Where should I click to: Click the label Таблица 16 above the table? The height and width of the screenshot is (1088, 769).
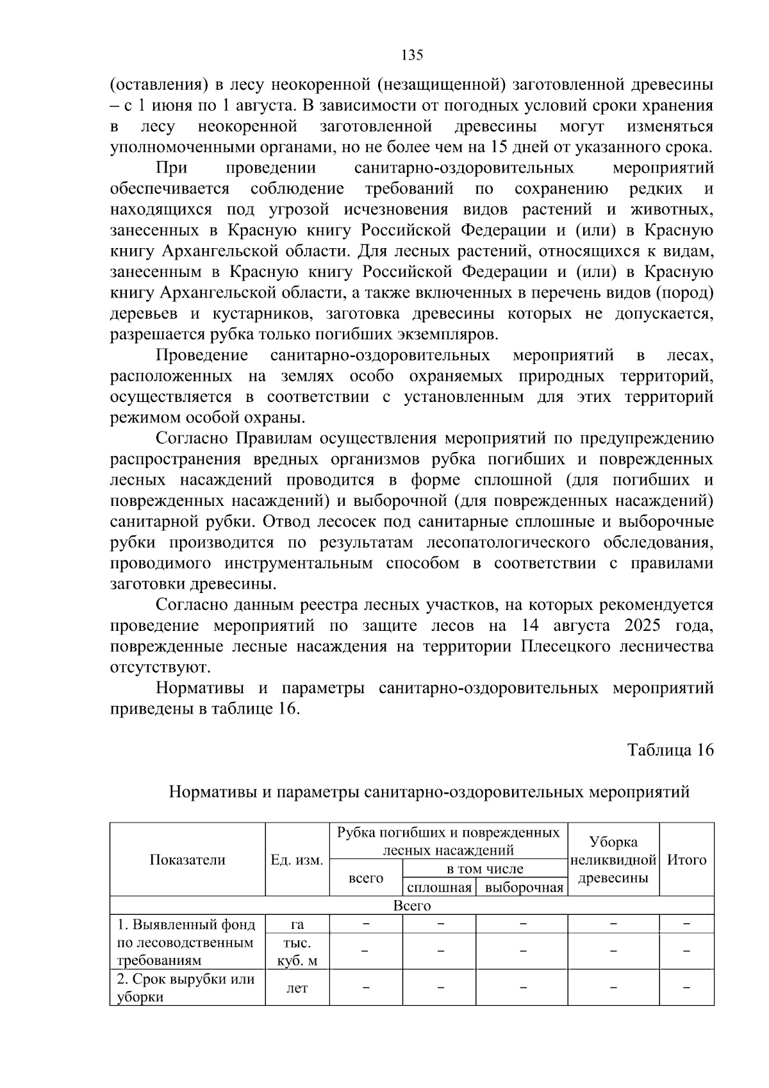coord(670,751)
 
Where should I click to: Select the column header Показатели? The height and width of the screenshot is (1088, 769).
coord(187,860)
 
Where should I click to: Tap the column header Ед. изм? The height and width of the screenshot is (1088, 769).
coord(297,860)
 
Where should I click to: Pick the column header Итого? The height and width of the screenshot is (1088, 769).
coord(686,860)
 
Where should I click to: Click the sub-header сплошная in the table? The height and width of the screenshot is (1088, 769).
coord(439,887)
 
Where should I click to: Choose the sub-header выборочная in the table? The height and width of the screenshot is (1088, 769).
coord(524,887)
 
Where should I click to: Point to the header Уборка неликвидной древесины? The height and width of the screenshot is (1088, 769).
coord(613,860)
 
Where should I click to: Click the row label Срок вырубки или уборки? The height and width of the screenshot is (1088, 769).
coord(186,988)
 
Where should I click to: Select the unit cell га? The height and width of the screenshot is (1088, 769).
coord(297,924)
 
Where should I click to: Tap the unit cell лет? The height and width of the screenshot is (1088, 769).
coord(297,988)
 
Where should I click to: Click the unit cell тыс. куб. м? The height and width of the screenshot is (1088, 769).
coord(297,951)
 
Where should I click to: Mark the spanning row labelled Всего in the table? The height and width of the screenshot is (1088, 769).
coord(411,905)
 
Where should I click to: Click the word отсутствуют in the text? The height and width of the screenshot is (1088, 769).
coord(160,667)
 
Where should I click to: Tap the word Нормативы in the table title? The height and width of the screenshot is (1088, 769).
coord(212,792)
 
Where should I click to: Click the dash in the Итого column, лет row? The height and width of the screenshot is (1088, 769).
coord(686,988)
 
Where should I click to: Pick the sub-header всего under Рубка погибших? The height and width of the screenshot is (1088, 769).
coord(365,878)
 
